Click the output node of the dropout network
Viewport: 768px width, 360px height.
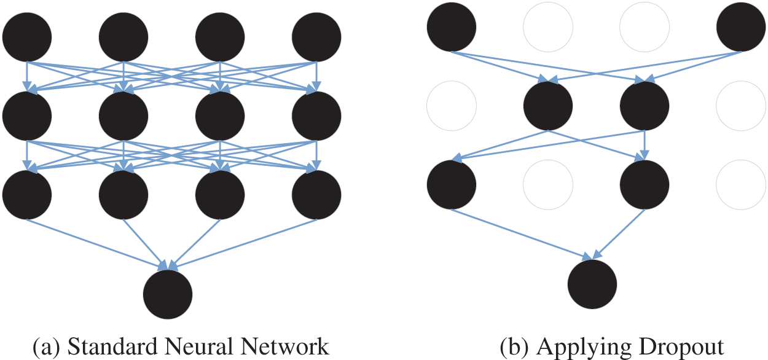pos(592,284)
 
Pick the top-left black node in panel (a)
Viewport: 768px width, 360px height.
pos(27,36)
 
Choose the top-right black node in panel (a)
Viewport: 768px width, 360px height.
pos(316,36)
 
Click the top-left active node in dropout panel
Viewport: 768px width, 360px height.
pos(452,27)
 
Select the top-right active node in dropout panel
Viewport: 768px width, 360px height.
pos(741,27)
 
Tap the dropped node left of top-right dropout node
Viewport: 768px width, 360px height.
pos(645,27)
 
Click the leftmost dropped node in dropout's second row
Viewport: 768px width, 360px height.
pos(452,105)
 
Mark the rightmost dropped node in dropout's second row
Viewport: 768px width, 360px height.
pos(741,105)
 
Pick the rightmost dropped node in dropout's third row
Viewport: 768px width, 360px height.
pos(741,184)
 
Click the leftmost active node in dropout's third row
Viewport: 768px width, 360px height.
pos(452,184)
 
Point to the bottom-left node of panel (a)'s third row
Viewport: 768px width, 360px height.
pos(27,195)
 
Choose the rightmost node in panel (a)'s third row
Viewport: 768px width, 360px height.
pos(316,195)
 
